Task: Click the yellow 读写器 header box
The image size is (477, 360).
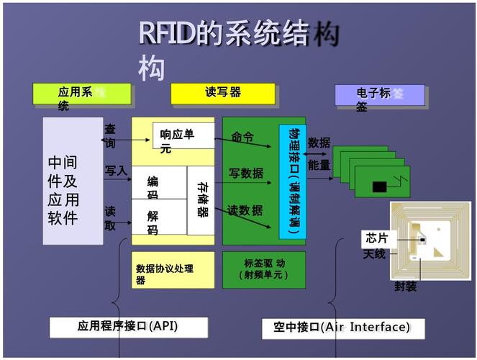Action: (x=223, y=94)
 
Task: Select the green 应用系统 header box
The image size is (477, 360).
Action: (x=81, y=96)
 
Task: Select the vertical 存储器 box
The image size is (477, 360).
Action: (x=201, y=200)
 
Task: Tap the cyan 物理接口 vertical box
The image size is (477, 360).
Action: (x=292, y=181)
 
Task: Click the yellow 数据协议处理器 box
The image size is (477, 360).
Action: (x=173, y=269)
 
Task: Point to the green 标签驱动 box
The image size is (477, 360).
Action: (x=264, y=269)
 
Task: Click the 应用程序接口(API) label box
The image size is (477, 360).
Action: (x=127, y=326)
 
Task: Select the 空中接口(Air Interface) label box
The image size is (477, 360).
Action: (x=342, y=328)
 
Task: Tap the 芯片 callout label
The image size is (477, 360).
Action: (x=376, y=238)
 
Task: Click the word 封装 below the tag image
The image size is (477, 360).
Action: (x=405, y=287)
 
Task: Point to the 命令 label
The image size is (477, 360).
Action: (x=242, y=138)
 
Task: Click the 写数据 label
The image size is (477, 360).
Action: (x=246, y=173)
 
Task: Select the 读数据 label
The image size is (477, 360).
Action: (x=245, y=210)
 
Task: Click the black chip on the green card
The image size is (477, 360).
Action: (x=379, y=187)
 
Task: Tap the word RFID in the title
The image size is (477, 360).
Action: (x=168, y=35)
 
